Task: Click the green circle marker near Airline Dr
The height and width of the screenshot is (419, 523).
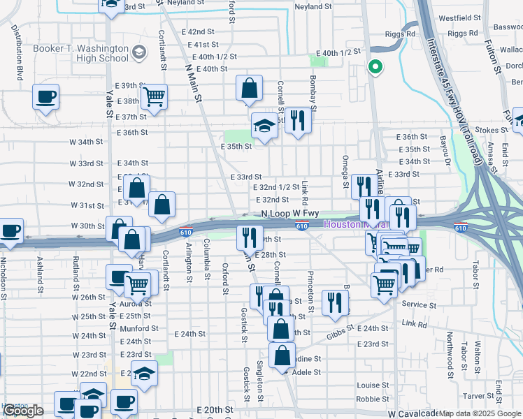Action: pos(375,68)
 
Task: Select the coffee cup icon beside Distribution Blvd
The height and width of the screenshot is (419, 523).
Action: pos(45,97)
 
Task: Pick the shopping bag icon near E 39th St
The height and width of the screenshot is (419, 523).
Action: pos(249,89)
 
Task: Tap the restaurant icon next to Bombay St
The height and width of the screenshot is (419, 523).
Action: pos(298,121)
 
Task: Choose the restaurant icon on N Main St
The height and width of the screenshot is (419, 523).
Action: pos(249,238)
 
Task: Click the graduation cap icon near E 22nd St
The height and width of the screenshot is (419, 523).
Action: pos(144,374)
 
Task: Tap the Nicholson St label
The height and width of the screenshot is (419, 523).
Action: pos(5,279)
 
